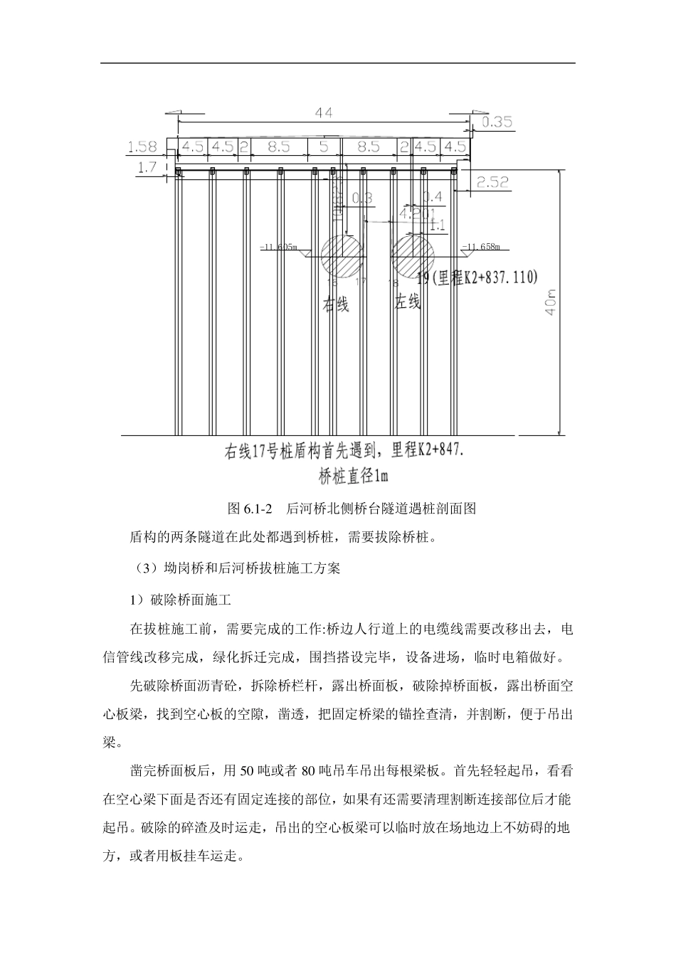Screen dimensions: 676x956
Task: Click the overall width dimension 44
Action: tap(324, 112)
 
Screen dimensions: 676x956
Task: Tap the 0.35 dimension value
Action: tap(497, 122)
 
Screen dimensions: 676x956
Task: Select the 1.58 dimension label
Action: tap(142, 147)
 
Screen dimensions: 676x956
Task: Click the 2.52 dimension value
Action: tap(492, 183)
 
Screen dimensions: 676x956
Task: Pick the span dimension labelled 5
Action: tap(324, 147)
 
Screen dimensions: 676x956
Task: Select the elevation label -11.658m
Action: tap(482, 248)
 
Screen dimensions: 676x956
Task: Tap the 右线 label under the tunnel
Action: tap(337, 304)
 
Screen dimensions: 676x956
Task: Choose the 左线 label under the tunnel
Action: tap(408, 302)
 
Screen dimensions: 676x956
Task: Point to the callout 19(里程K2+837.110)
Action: tap(477, 278)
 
